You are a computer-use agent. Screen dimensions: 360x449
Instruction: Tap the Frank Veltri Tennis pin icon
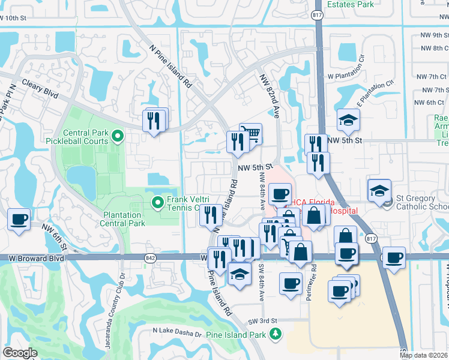(x=158, y=203)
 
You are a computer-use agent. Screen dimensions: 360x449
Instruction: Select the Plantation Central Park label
(x=124, y=219)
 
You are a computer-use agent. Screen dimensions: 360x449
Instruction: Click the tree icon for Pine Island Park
(x=276, y=334)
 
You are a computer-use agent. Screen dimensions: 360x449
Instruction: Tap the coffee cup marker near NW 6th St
(x=19, y=219)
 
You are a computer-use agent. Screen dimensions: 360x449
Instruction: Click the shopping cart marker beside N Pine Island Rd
(x=250, y=134)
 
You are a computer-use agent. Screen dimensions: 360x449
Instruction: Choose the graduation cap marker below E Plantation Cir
(x=348, y=121)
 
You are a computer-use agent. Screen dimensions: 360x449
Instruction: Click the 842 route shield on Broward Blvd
(x=149, y=257)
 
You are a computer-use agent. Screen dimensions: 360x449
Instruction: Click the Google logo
(x=20, y=353)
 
